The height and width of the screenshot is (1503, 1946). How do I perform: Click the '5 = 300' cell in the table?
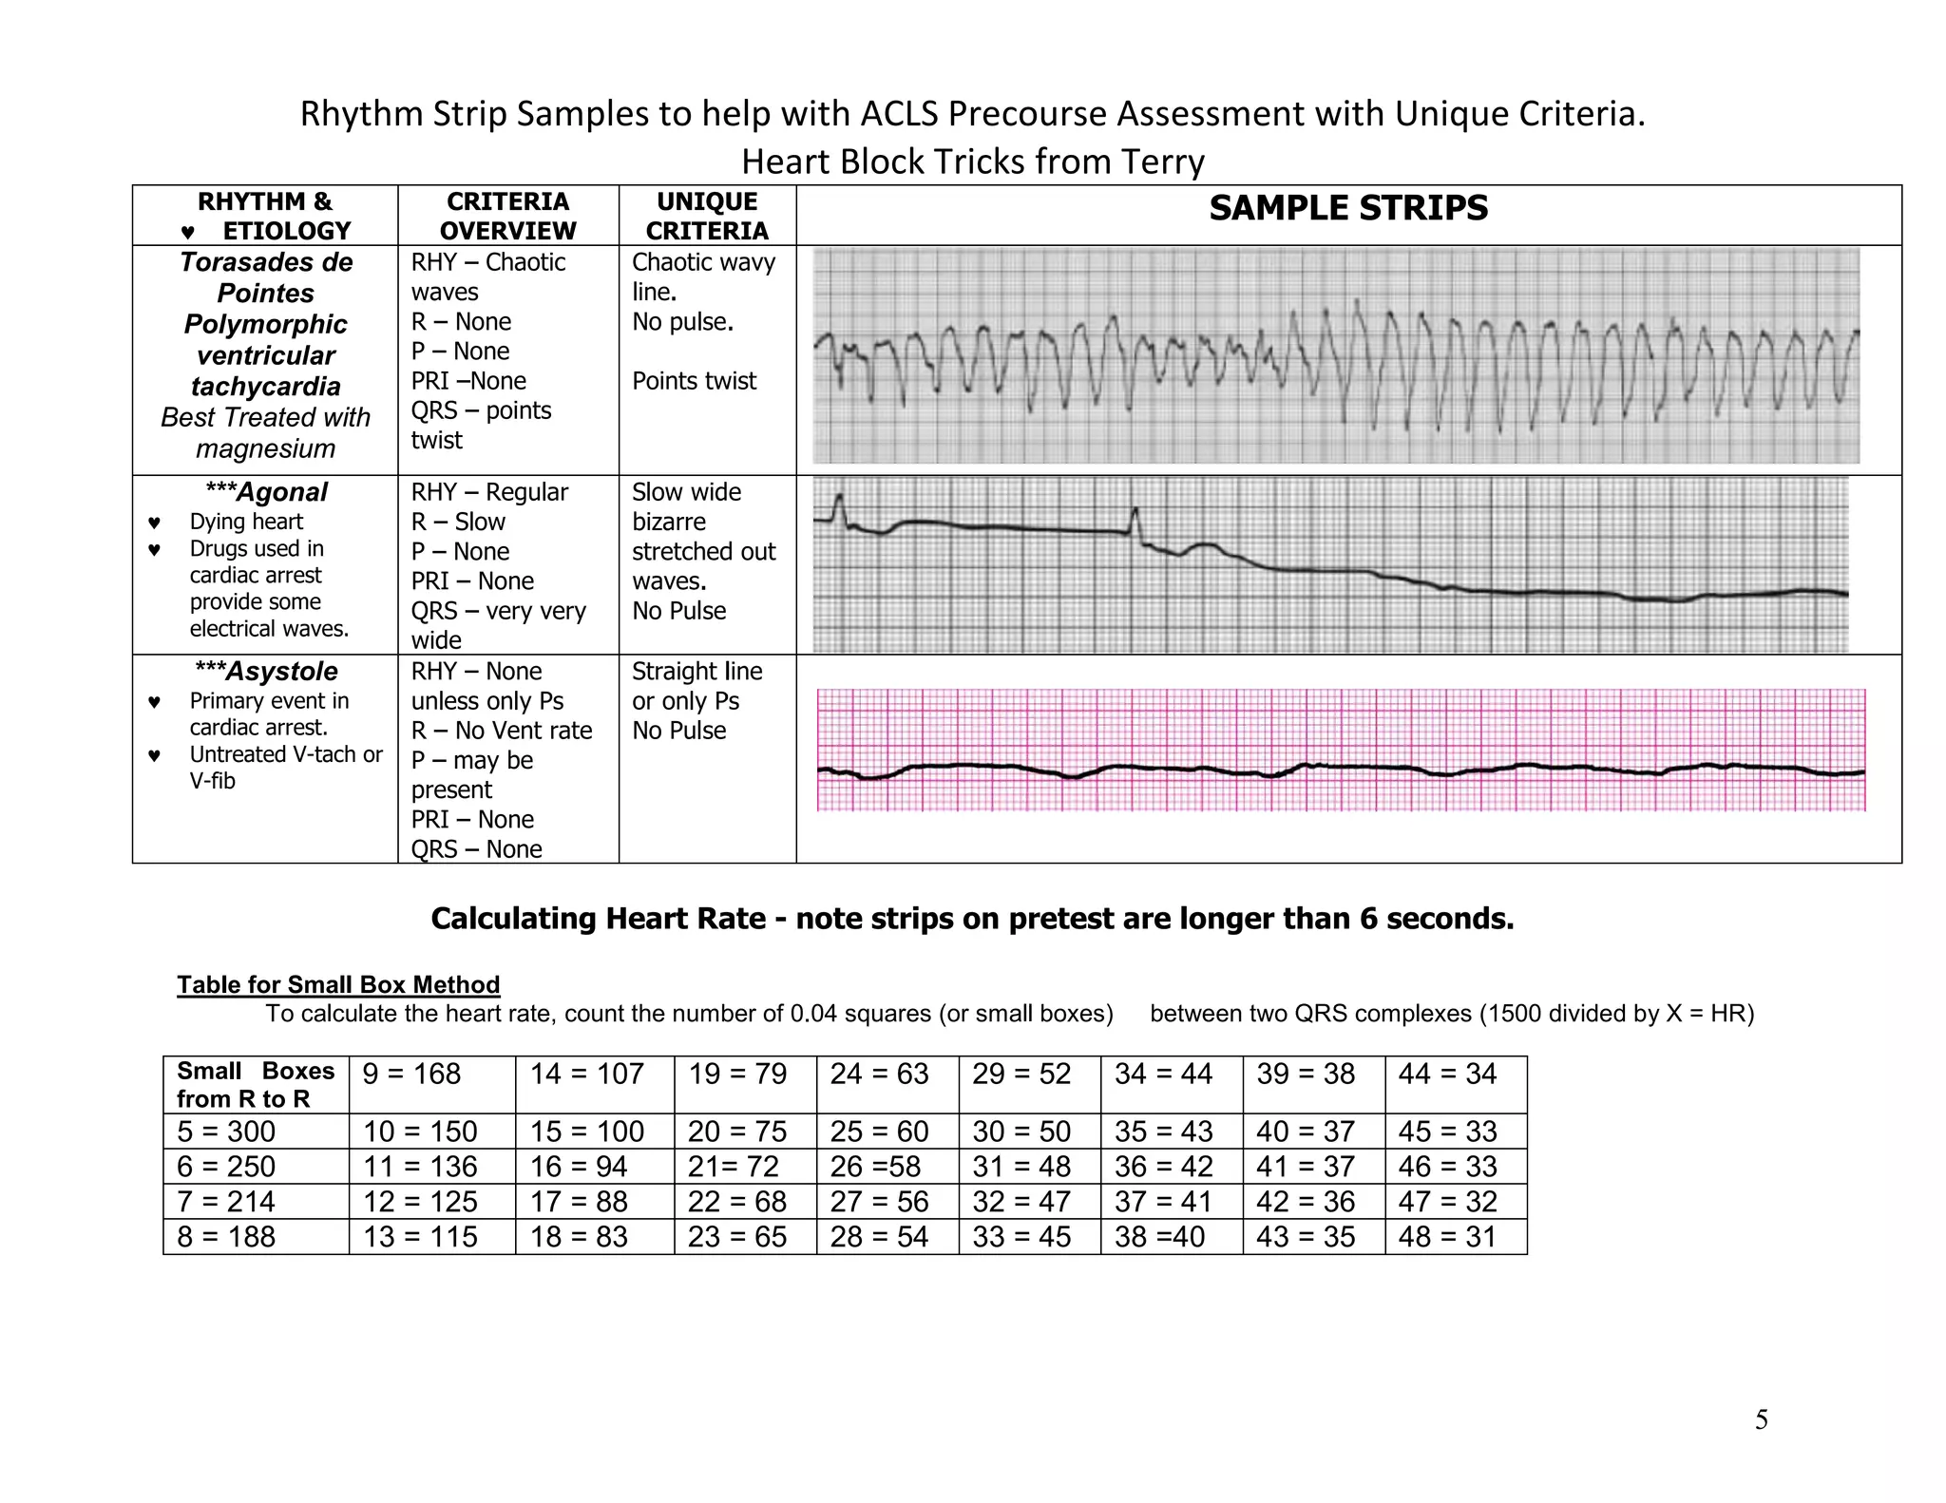pyautogui.click(x=226, y=1132)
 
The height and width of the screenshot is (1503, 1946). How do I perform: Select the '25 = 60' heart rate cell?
pyautogui.click(x=879, y=1132)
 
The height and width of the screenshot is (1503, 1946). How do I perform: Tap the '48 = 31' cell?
pyautogui.click(x=1447, y=1237)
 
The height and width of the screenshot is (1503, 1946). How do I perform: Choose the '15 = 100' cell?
pyautogui.click(x=586, y=1132)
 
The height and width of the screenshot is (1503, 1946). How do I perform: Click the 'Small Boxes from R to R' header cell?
pyautogui.click(x=255, y=1085)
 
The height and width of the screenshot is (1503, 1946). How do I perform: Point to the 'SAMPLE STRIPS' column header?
pyautogui.click(x=1348, y=208)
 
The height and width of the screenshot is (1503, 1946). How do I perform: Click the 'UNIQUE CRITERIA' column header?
pyautogui.click(x=707, y=216)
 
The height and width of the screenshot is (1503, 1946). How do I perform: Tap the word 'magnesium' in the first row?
pyautogui.click(x=265, y=448)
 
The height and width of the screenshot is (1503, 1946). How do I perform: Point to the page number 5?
pyautogui.click(x=1761, y=1419)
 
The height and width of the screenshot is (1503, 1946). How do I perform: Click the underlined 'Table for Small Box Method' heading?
pyautogui.click(x=338, y=984)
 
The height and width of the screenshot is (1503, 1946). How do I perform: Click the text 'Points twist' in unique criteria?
pyautogui.click(x=694, y=381)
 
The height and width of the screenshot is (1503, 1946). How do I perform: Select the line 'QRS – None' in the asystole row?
pyautogui.click(x=476, y=849)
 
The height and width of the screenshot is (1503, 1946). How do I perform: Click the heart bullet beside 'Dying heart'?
pyautogui.click(x=155, y=523)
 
